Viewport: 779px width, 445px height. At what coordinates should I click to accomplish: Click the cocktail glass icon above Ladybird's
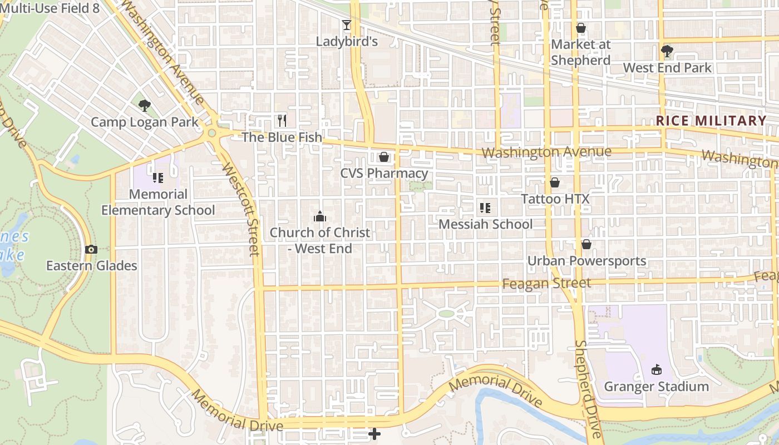[347, 25]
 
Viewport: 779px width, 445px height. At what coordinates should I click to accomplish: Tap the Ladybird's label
[347, 41]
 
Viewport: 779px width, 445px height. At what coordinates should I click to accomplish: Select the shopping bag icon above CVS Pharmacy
[384, 157]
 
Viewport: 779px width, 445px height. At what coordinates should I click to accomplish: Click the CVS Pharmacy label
[384, 173]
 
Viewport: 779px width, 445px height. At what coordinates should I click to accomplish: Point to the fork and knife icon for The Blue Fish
[282, 120]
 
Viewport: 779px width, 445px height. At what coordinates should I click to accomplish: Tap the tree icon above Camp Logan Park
[144, 105]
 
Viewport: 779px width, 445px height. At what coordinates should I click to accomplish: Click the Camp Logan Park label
[144, 122]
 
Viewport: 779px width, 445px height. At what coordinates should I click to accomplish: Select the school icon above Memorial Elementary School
[158, 178]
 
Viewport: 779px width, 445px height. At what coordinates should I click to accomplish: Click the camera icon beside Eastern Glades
[91, 250]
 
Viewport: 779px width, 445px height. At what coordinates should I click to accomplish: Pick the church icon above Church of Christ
[320, 216]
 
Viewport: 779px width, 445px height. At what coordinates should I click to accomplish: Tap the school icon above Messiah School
[485, 208]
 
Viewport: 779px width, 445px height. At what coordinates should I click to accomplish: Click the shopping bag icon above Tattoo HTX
[555, 182]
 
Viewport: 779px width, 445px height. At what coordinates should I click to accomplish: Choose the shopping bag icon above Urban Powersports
[586, 244]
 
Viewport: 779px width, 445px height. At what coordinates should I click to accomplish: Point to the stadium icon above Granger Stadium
[657, 370]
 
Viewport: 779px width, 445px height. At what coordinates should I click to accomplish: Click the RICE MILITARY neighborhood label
[711, 121]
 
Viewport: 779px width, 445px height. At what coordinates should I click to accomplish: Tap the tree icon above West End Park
[667, 52]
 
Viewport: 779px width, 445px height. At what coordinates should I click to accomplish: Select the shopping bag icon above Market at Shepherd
[581, 28]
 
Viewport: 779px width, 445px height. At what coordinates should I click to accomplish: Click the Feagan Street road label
[546, 284]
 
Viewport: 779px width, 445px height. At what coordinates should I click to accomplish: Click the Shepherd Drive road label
[588, 389]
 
